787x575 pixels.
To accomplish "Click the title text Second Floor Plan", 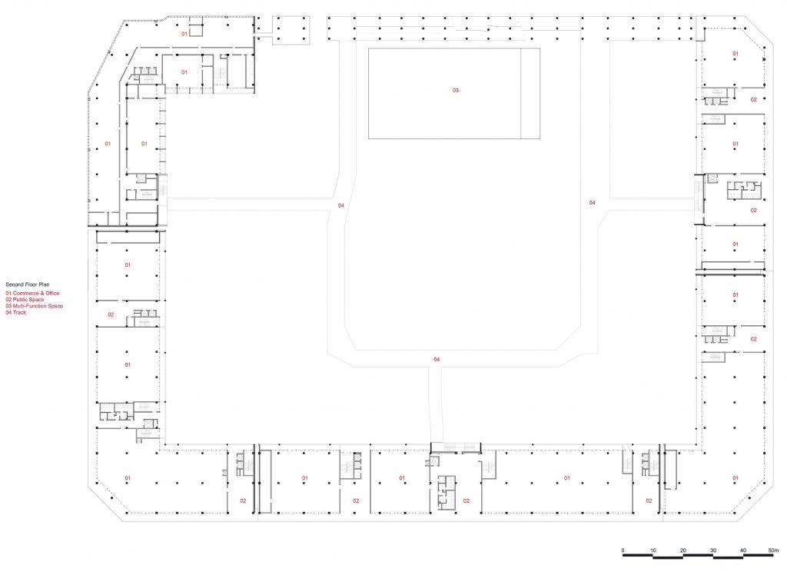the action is (28, 284).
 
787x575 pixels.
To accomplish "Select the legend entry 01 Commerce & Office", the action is (32, 294).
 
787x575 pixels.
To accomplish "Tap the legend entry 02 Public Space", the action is (25, 299).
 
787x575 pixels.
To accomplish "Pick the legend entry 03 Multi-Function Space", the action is (35, 306).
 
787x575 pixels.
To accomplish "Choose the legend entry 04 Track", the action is (16, 312).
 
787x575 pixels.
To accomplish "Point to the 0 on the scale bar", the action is (623, 550).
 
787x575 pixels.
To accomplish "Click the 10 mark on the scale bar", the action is (653, 550).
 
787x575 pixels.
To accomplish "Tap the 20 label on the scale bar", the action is (683, 550).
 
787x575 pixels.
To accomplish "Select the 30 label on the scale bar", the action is (713, 550).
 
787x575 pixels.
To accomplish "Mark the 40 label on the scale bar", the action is (743, 550).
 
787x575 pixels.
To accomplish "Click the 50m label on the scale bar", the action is (773, 550).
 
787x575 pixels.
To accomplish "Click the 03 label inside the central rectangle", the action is (456, 91).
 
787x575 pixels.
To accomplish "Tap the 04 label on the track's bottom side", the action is (437, 359).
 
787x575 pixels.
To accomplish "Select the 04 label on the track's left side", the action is (340, 205).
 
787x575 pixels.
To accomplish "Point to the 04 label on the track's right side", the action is (593, 203).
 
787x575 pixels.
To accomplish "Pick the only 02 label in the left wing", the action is (111, 315).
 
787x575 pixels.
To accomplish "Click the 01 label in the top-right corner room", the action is (736, 54).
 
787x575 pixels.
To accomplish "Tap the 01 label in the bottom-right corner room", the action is (736, 478).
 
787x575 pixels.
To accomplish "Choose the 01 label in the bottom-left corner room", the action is (128, 478).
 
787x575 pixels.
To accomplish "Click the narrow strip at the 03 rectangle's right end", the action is (530, 94).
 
